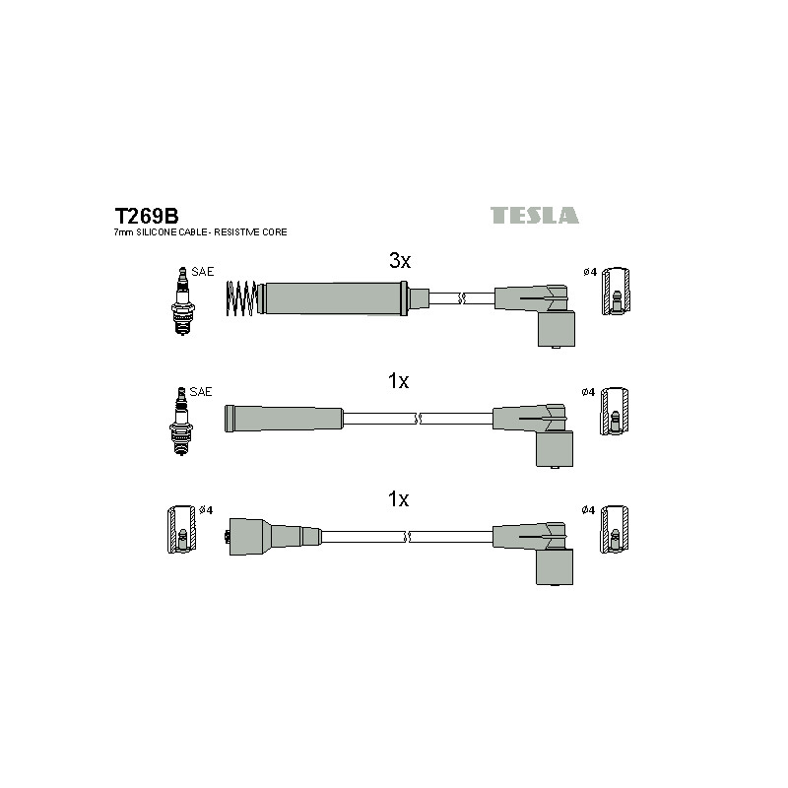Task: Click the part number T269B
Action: (x=146, y=216)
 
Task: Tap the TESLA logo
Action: (x=534, y=215)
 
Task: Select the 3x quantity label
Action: (x=400, y=260)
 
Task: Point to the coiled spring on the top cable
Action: (x=241, y=298)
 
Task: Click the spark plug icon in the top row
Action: (x=183, y=301)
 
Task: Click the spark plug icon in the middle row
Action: (x=181, y=422)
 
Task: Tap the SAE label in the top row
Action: (x=203, y=272)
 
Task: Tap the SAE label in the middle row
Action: (x=201, y=391)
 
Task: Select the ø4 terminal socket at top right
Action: (x=616, y=292)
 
